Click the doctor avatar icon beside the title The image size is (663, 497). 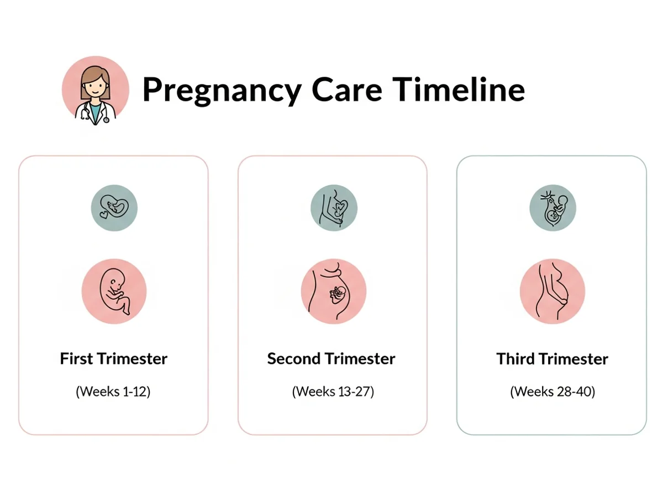[x=95, y=90]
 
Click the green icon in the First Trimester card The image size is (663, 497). [x=114, y=208]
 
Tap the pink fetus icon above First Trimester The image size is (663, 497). [x=114, y=291]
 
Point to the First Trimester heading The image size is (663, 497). [x=114, y=358]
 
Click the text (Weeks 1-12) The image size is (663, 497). [x=113, y=392]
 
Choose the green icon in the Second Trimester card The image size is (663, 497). [x=334, y=208]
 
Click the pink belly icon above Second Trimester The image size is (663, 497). [x=334, y=291]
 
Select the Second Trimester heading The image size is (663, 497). [x=331, y=358]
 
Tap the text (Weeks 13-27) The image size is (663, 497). [x=333, y=392]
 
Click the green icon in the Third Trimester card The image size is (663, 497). [x=552, y=208]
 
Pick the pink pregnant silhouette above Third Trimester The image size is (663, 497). [x=552, y=291]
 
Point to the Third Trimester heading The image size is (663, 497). [x=552, y=358]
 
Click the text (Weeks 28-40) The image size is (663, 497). [x=552, y=392]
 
